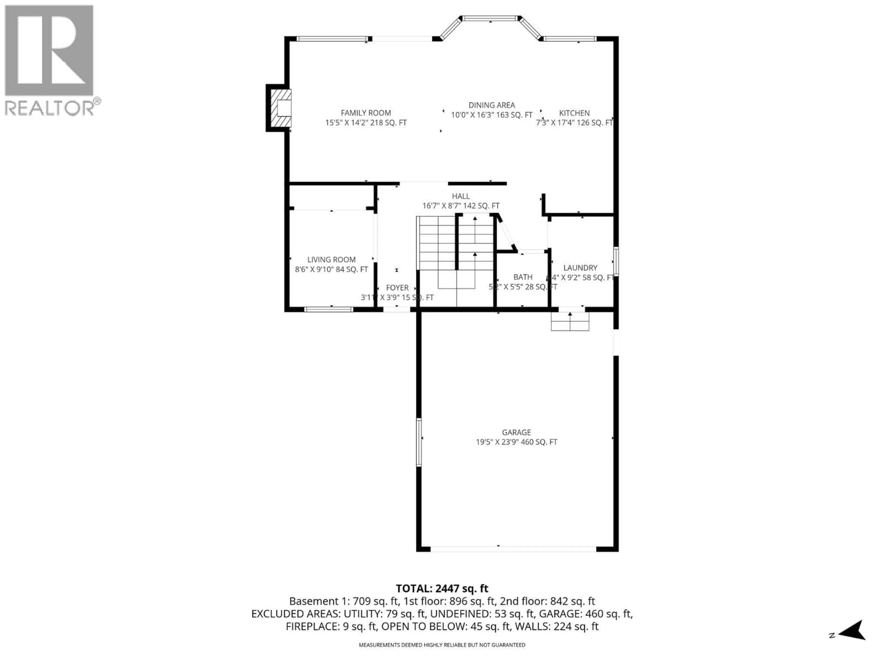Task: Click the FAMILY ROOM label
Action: click(366, 113)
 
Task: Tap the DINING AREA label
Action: click(491, 105)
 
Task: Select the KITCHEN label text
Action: click(574, 113)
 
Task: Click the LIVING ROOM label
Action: click(331, 260)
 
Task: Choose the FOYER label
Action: click(397, 288)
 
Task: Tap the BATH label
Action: click(523, 277)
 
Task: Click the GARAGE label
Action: click(516, 432)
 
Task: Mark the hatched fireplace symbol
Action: click(281, 108)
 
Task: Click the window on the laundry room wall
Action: click(616, 262)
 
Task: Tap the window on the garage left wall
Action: click(419, 442)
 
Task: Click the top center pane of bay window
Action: click(490, 18)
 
